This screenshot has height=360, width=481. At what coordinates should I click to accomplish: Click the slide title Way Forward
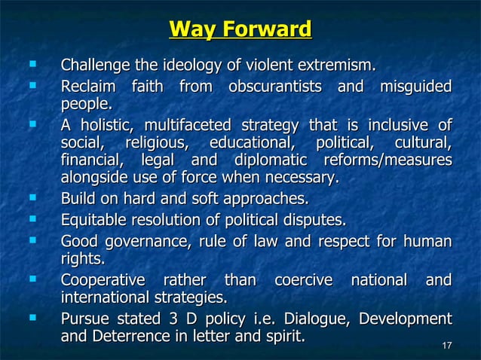[240, 30]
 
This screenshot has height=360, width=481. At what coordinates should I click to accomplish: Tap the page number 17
[446, 346]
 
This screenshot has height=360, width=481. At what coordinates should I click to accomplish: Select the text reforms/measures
[388, 160]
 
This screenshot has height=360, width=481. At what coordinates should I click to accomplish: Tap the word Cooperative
[100, 280]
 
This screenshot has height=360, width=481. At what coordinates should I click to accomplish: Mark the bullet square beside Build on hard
[31, 199]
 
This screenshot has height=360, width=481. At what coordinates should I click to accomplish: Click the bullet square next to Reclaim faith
[31, 85]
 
